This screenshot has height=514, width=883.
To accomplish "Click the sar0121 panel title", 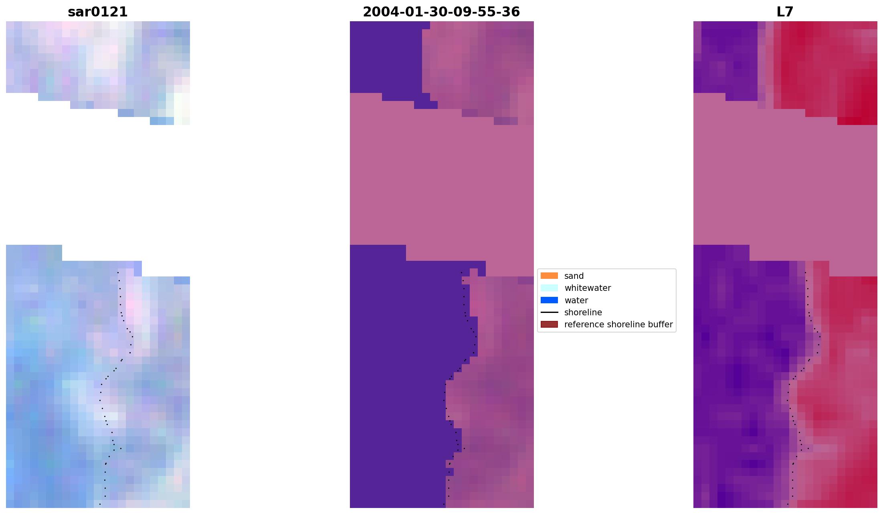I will pyautogui.click(x=98, y=12).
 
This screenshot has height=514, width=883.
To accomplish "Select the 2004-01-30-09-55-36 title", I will pyautogui.click(x=441, y=12).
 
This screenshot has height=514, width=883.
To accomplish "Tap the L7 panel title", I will pyautogui.click(x=785, y=12).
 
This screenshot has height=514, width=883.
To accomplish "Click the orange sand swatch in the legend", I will pyautogui.click(x=549, y=276).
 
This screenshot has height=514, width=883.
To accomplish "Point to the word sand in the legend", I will pyautogui.click(x=574, y=276).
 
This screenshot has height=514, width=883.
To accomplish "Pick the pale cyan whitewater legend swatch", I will pyautogui.click(x=549, y=288).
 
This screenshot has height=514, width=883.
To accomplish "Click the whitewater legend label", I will pyautogui.click(x=587, y=288).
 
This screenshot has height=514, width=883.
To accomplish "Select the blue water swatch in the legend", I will pyautogui.click(x=549, y=300).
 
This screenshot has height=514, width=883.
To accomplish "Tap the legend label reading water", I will pyautogui.click(x=576, y=300).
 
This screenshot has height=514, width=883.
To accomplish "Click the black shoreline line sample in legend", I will pyautogui.click(x=549, y=312).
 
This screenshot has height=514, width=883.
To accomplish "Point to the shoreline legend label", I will pyautogui.click(x=583, y=312).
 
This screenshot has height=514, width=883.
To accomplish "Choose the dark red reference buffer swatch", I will pyautogui.click(x=549, y=325).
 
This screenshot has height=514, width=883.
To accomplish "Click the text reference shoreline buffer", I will pyautogui.click(x=618, y=325).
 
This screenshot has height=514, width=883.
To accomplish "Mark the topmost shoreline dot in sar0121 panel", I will pyautogui.click(x=118, y=273).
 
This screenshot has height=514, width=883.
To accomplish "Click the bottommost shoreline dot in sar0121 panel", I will pyautogui.click(x=100, y=504).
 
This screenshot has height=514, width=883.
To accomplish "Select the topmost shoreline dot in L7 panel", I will pyautogui.click(x=805, y=273).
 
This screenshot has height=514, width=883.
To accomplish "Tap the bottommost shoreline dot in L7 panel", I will pyautogui.click(x=788, y=504).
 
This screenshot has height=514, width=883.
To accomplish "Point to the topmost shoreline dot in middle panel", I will pyautogui.click(x=461, y=273).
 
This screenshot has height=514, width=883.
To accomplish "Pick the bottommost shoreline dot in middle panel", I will pyautogui.click(x=444, y=504).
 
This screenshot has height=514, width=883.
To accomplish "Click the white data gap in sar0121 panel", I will pyautogui.click(x=98, y=180).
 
